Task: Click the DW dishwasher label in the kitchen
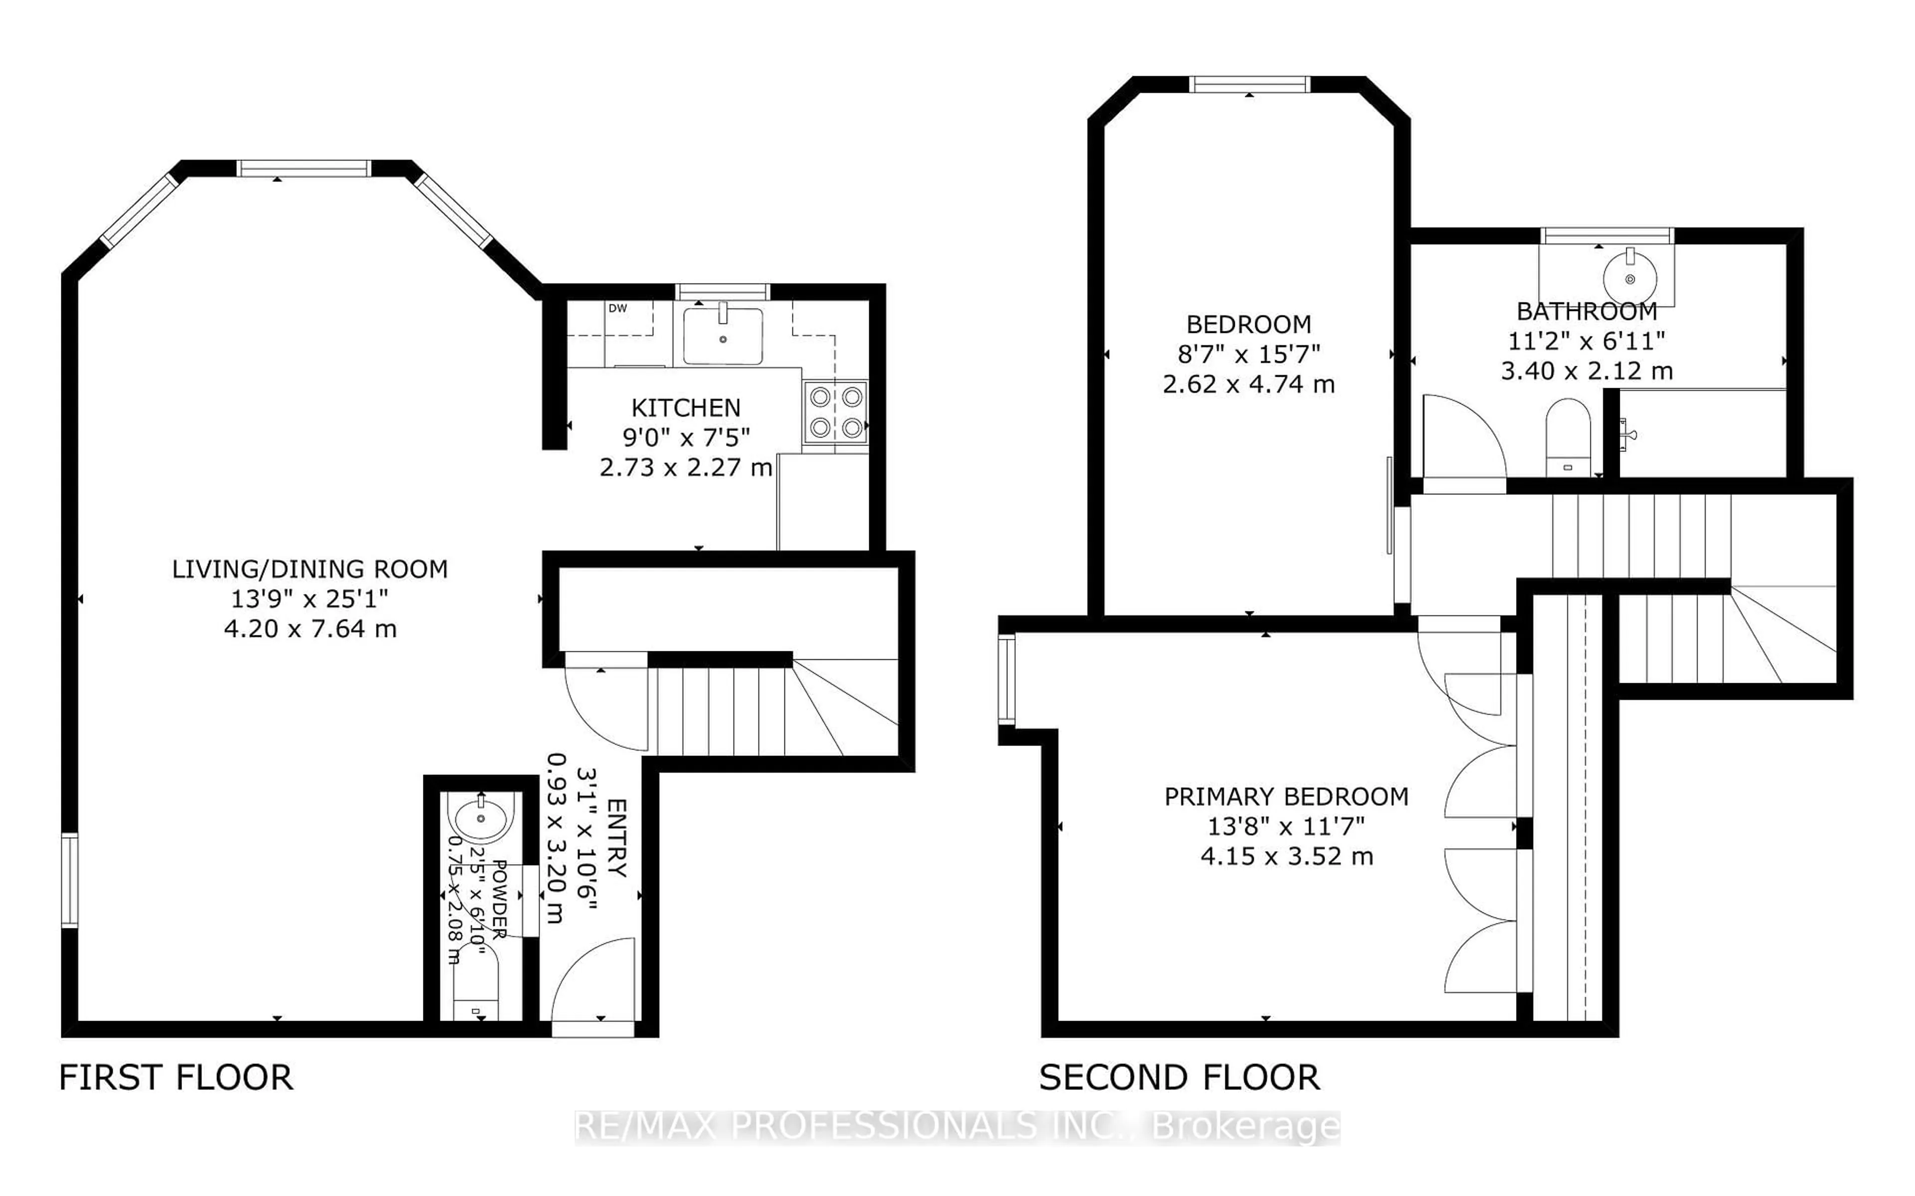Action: [618, 308]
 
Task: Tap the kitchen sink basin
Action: [723, 337]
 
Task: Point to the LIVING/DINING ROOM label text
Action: [309, 569]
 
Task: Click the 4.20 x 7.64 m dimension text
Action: [309, 629]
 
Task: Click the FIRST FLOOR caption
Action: [176, 1077]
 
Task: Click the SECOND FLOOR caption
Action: [1178, 1077]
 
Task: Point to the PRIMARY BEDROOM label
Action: [1286, 796]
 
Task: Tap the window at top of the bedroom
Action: [1250, 84]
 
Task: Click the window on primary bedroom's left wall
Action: [1006, 680]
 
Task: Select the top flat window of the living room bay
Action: [303, 168]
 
